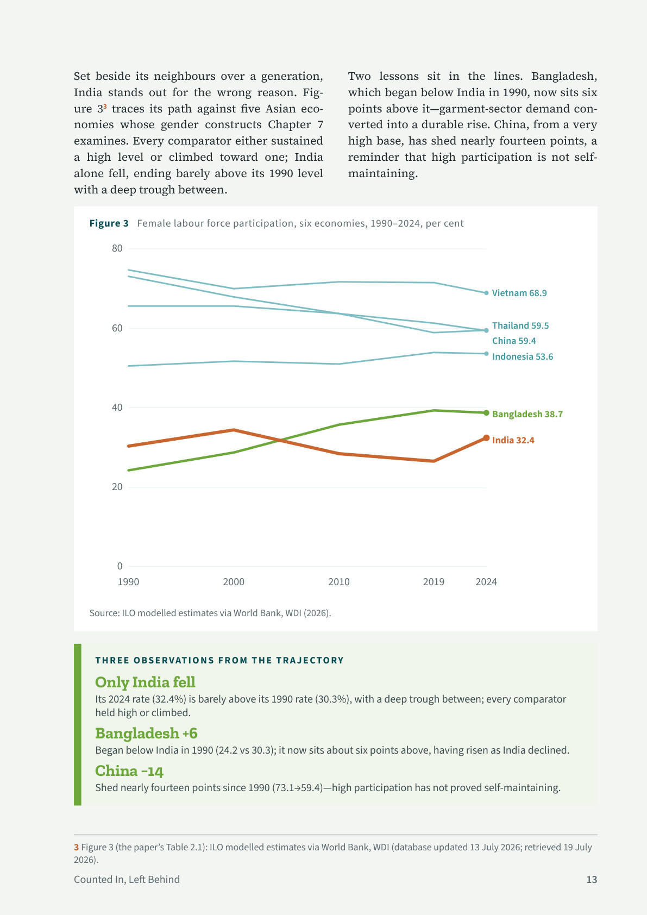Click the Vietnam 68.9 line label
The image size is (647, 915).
pos(519,293)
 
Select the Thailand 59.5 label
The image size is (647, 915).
pos(520,325)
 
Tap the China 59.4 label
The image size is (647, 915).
pos(514,341)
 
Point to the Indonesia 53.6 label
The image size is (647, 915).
pos(523,356)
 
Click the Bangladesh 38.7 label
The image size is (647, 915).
pos(527,414)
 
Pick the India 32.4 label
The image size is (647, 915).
pos(513,440)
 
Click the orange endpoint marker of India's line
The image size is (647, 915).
pos(486,438)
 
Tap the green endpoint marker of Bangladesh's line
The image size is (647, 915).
pos(486,413)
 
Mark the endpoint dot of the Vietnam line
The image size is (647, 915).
pos(486,293)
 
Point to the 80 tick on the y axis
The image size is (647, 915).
pos(117,248)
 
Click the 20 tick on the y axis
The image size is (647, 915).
pos(117,487)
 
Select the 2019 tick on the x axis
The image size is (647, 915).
pos(434,582)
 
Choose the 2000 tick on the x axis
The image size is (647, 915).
pos(234,582)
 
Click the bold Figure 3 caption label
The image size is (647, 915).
pos(109,223)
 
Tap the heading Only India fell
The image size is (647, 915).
pos(145,682)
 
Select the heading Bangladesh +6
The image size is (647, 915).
pos(146,733)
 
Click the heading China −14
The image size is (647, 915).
pos(129,771)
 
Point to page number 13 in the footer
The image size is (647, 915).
pos(592,880)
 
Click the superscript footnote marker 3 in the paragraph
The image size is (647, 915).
pos(105,106)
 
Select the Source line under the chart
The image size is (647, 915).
pos(210,613)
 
